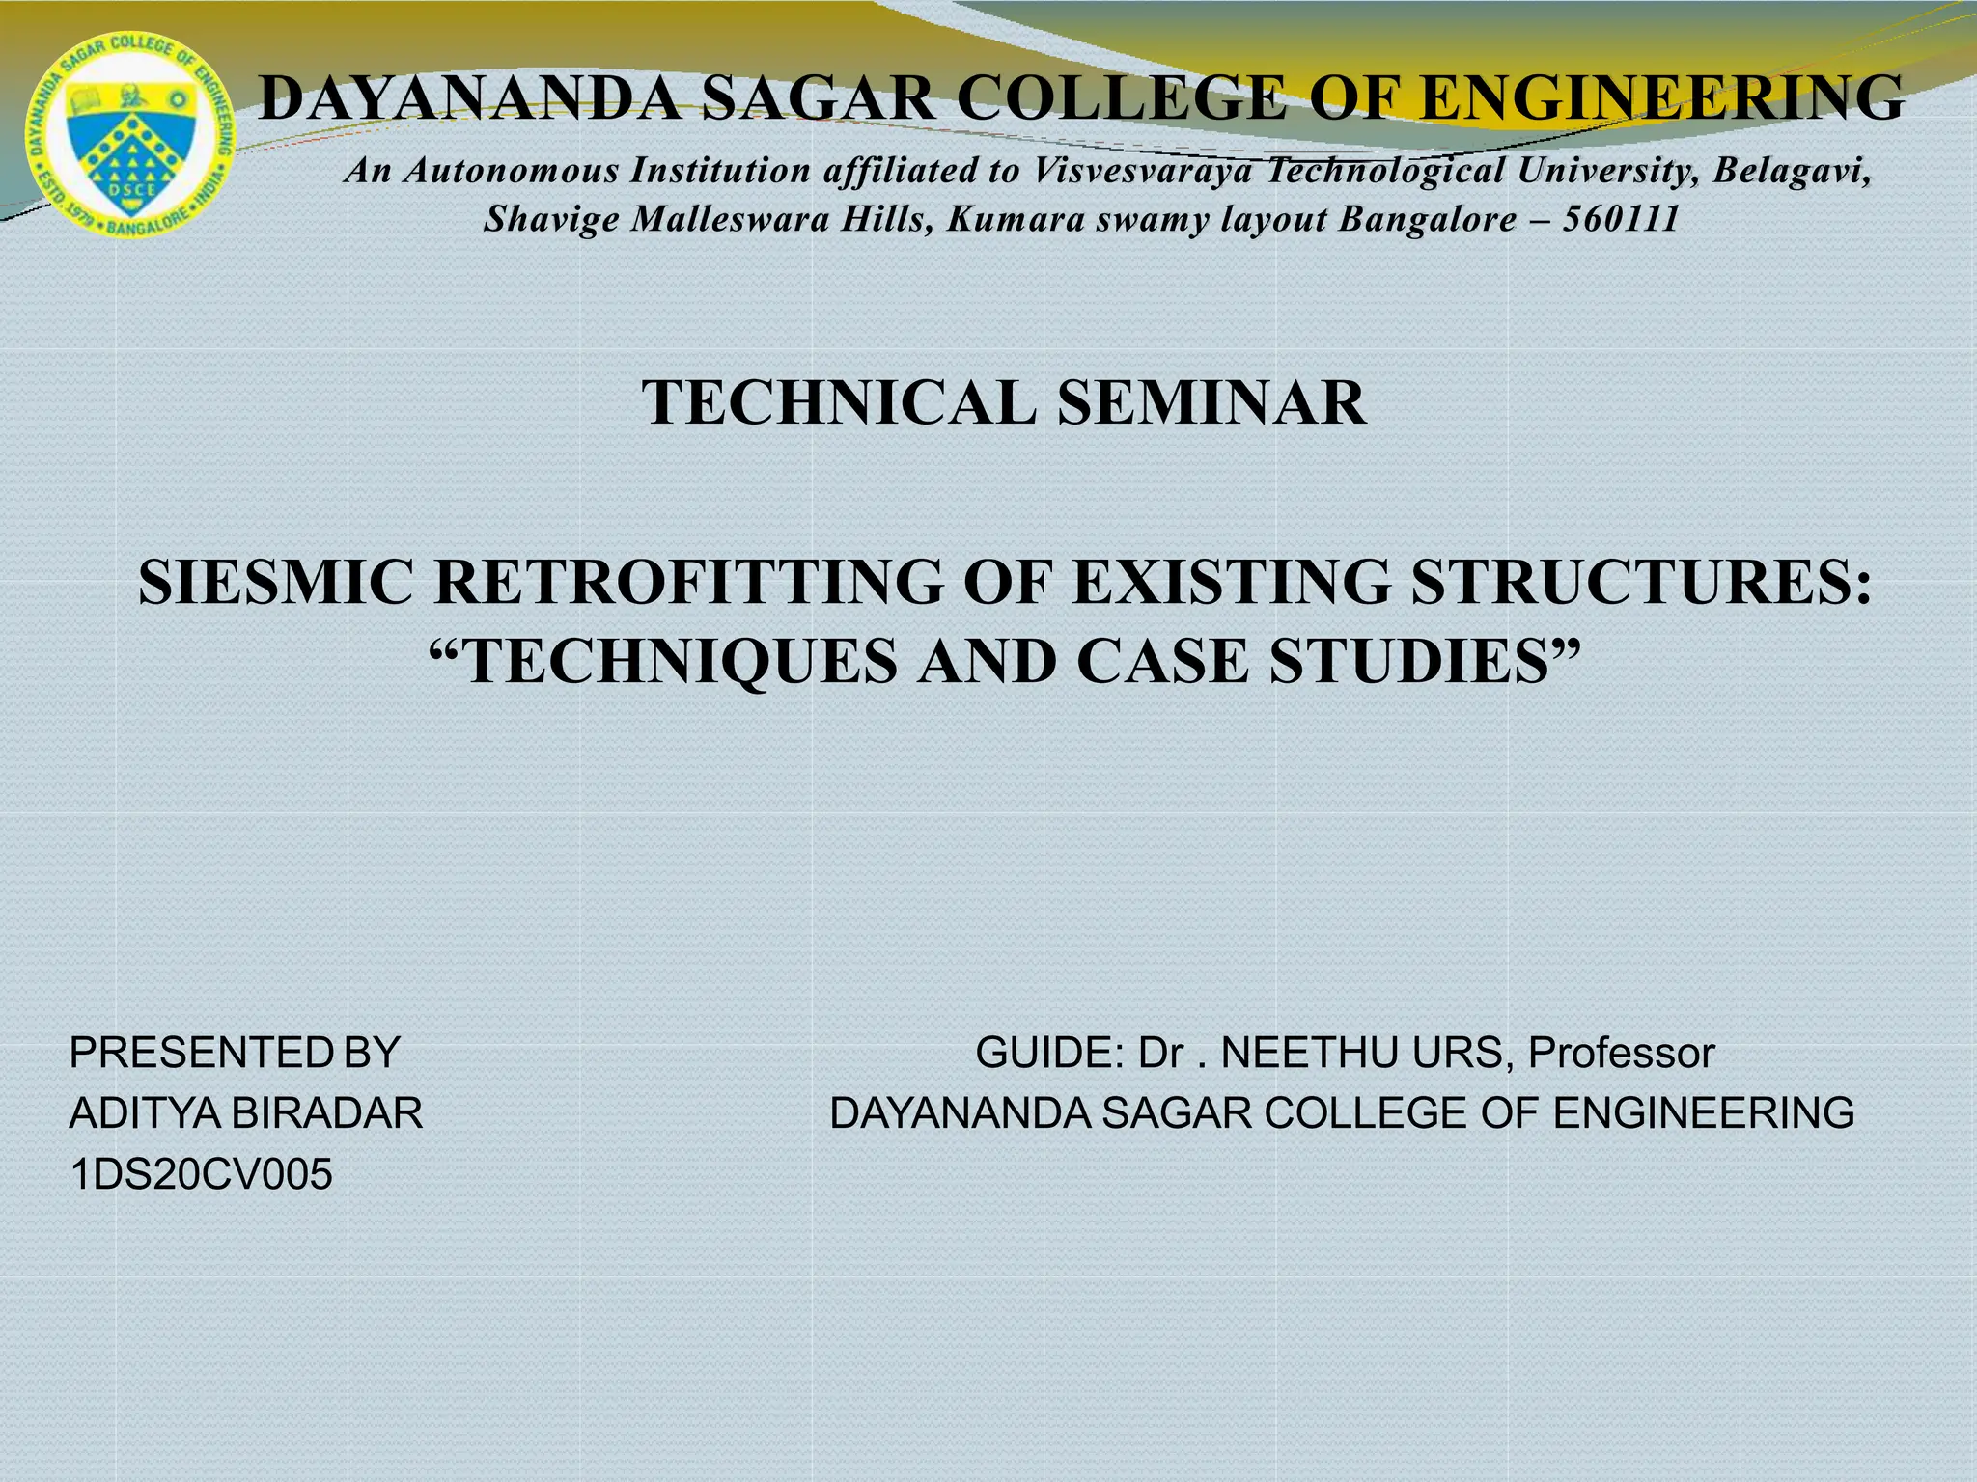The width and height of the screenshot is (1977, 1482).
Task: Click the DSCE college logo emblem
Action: pos(130,135)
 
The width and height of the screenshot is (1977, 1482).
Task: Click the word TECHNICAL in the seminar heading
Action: pos(839,402)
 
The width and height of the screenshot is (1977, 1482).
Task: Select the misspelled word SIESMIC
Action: pos(275,583)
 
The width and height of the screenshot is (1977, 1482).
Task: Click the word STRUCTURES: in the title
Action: pos(1641,583)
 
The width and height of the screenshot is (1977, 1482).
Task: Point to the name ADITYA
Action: pos(144,1113)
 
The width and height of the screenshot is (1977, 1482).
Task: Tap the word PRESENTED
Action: pos(201,1053)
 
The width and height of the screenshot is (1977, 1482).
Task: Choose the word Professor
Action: pos(1621,1053)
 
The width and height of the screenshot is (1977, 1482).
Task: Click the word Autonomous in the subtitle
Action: pos(512,171)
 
